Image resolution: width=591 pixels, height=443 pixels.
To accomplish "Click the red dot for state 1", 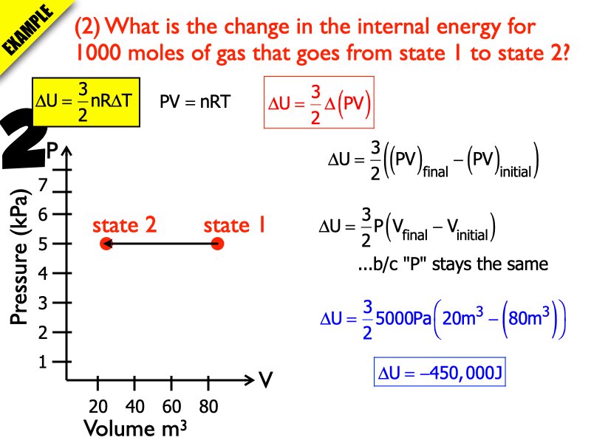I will point(217,244).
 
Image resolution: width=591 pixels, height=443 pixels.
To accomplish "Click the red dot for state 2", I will point(106,244).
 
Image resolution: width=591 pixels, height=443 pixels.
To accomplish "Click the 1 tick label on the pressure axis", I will point(43,363).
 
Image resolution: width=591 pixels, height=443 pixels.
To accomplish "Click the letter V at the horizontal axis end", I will point(266,381).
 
